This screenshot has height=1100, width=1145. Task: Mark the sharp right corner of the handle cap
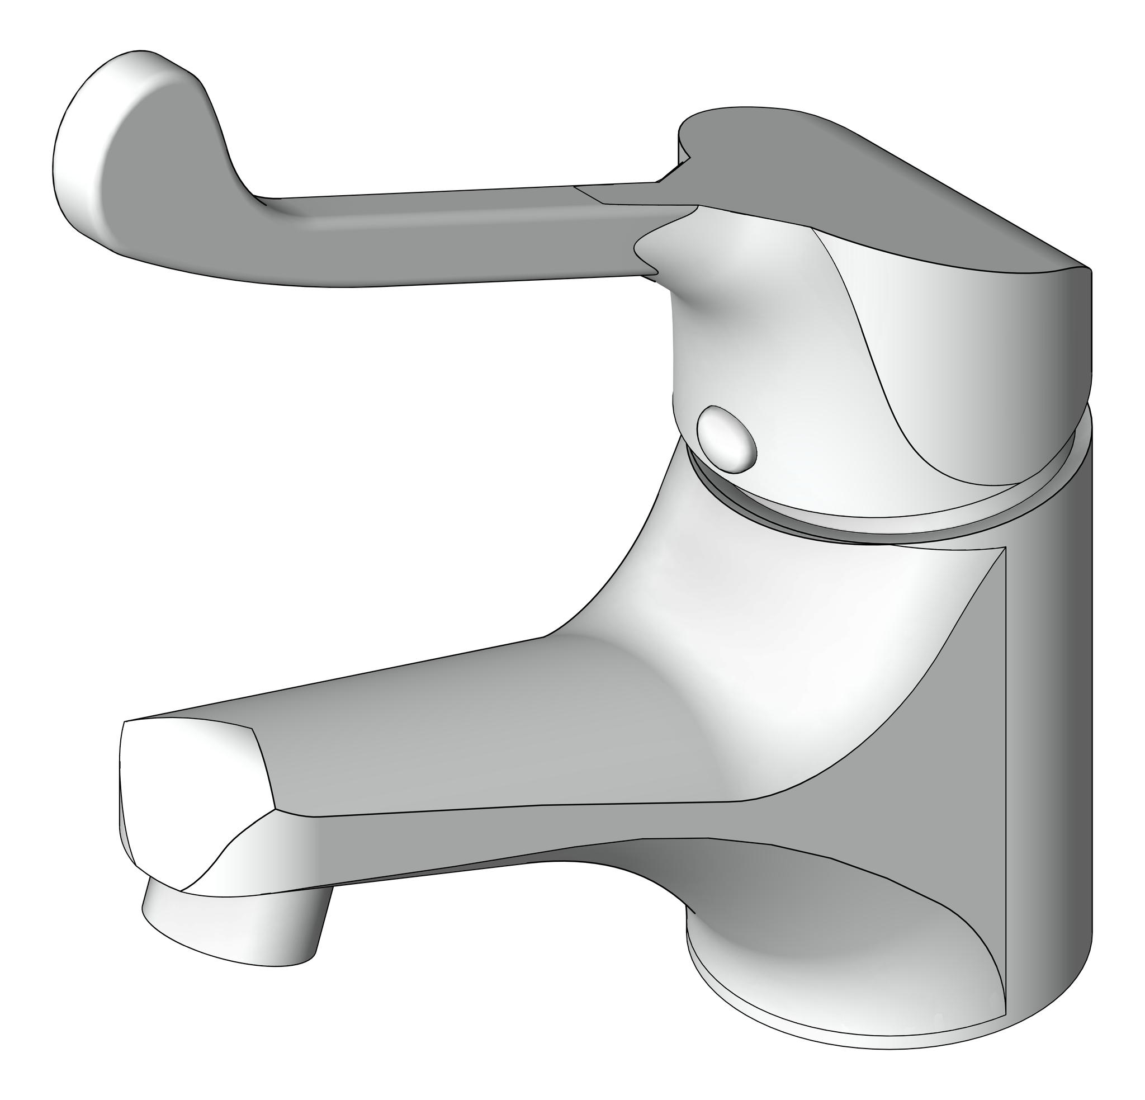1088,270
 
